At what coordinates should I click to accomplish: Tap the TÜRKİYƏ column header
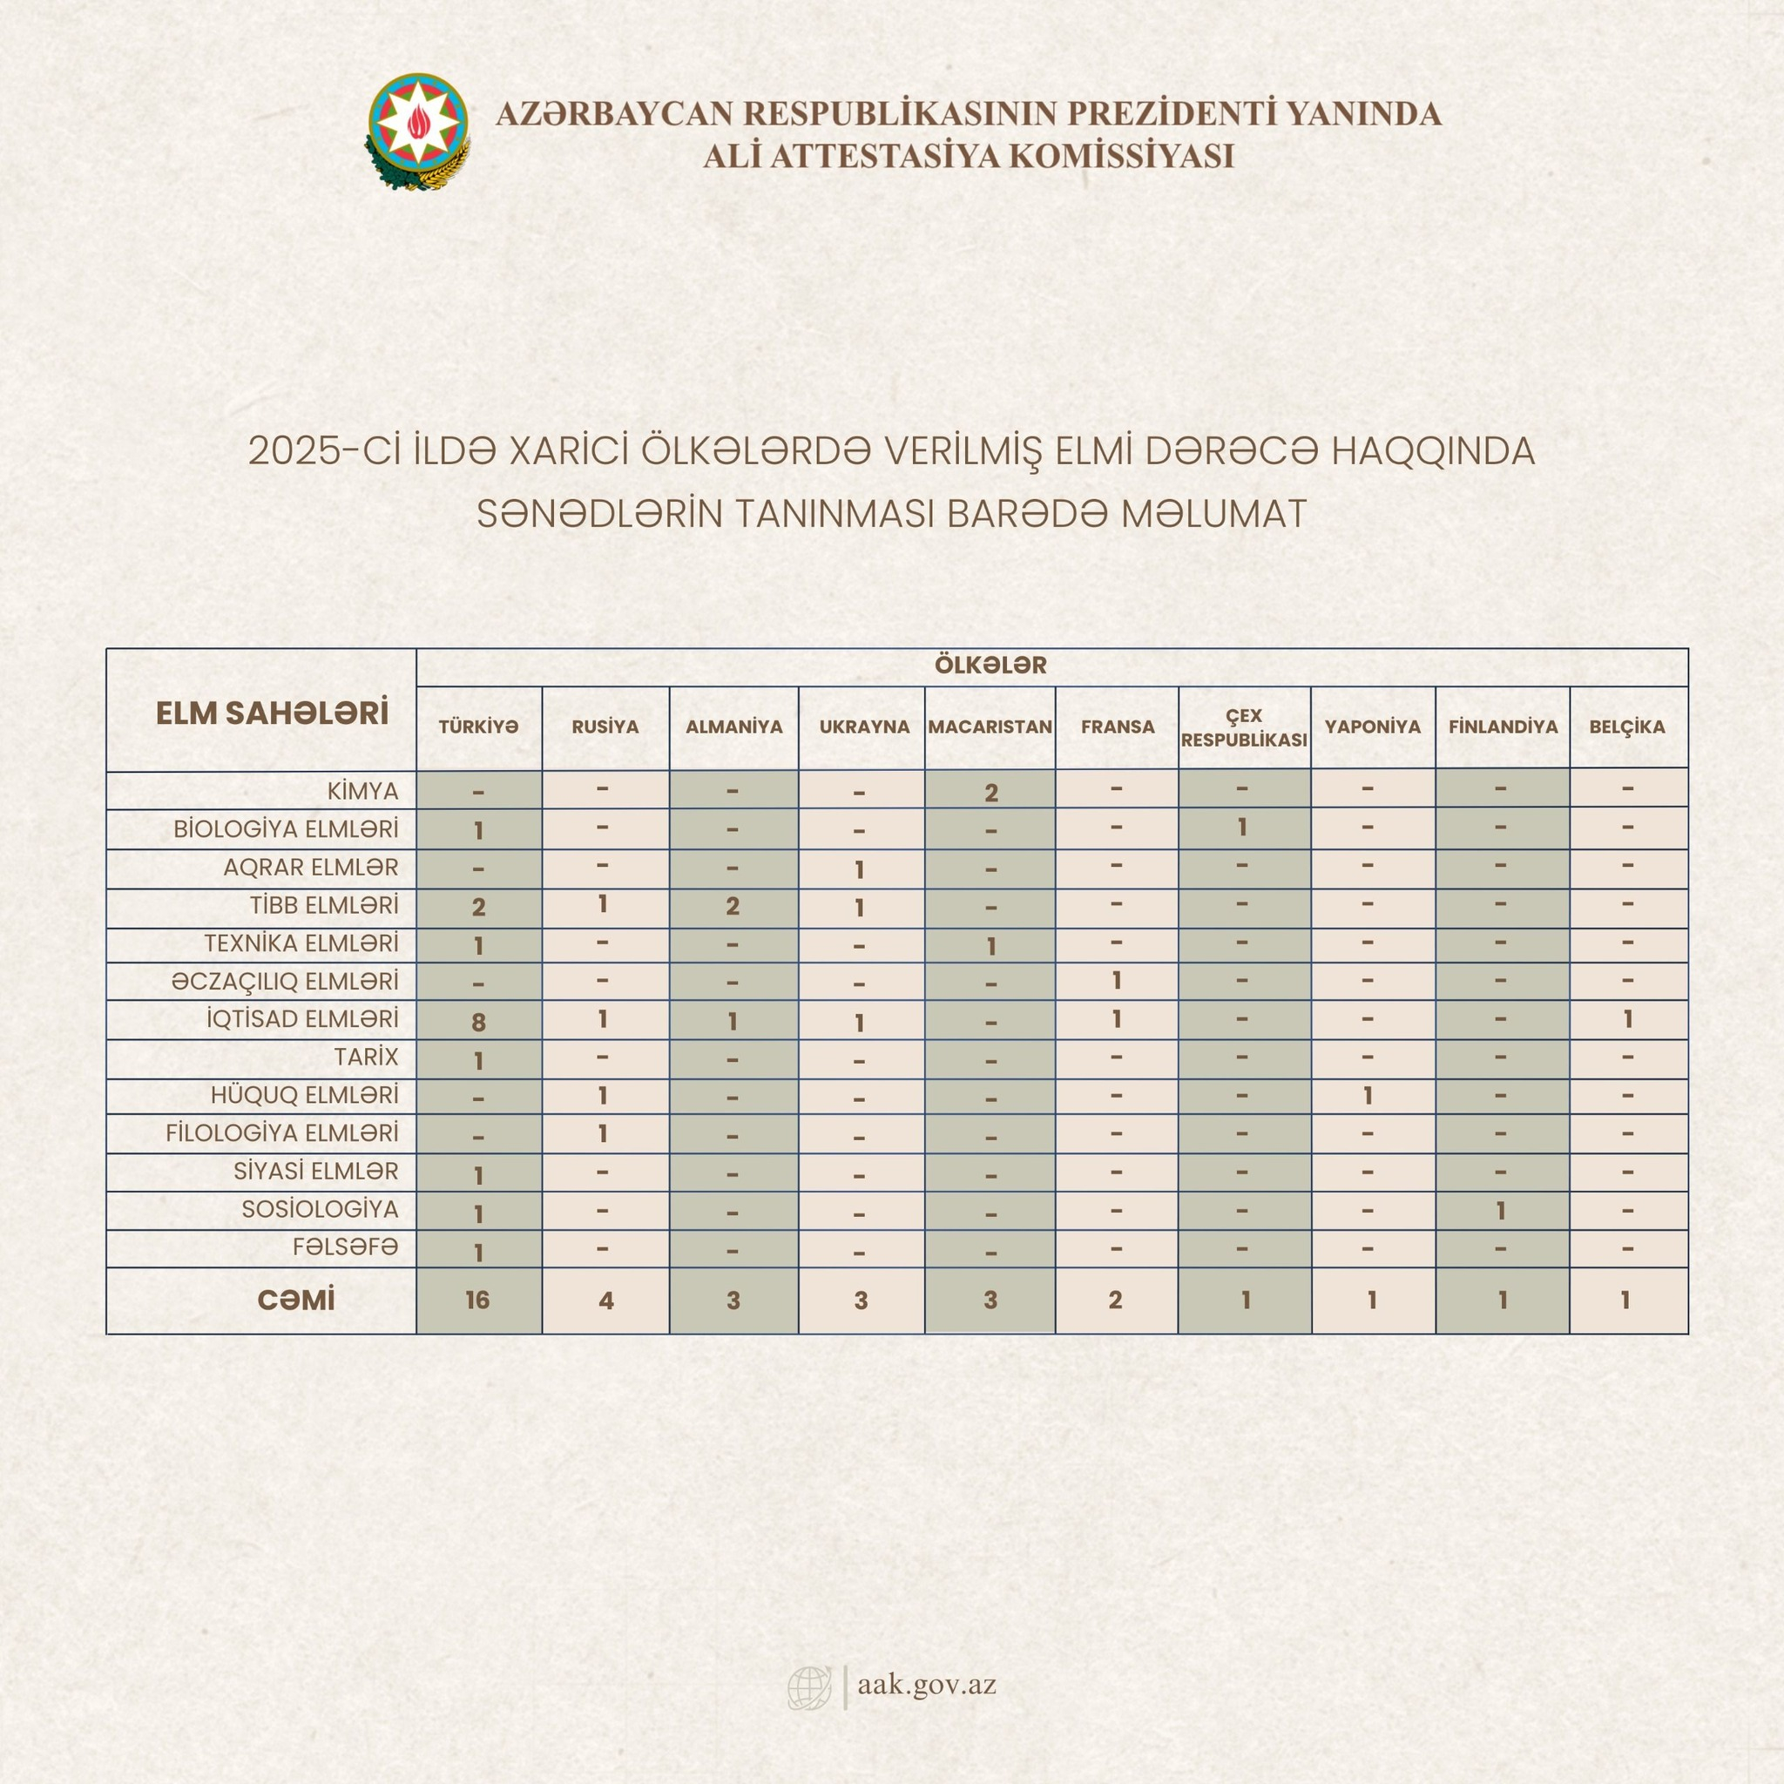pyautogui.click(x=478, y=726)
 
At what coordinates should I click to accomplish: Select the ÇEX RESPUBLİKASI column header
pyautogui.click(x=1244, y=727)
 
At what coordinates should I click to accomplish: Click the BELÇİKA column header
pyautogui.click(x=1627, y=726)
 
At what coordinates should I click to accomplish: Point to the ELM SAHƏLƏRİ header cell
pyautogui.click(x=272, y=713)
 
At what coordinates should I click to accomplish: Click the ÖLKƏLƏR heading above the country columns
pyautogui.click(x=990, y=666)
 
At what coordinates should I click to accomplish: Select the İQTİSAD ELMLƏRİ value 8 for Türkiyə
pyautogui.click(x=478, y=1021)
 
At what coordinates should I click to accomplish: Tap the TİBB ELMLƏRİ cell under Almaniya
pyautogui.click(x=733, y=907)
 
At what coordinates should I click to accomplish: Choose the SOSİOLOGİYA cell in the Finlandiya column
pyautogui.click(x=1502, y=1210)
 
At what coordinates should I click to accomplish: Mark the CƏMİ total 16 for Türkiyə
pyautogui.click(x=477, y=1301)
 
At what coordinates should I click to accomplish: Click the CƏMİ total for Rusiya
pyautogui.click(x=605, y=1301)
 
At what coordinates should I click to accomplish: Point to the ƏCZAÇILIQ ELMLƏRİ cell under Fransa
pyautogui.click(x=1117, y=981)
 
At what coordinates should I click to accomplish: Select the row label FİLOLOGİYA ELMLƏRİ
pyautogui.click(x=282, y=1133)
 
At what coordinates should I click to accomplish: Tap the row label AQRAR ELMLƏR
pyautogui.click(x=310, y=868)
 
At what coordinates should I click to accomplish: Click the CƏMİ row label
pyautogui.click(x=295, y=1301)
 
